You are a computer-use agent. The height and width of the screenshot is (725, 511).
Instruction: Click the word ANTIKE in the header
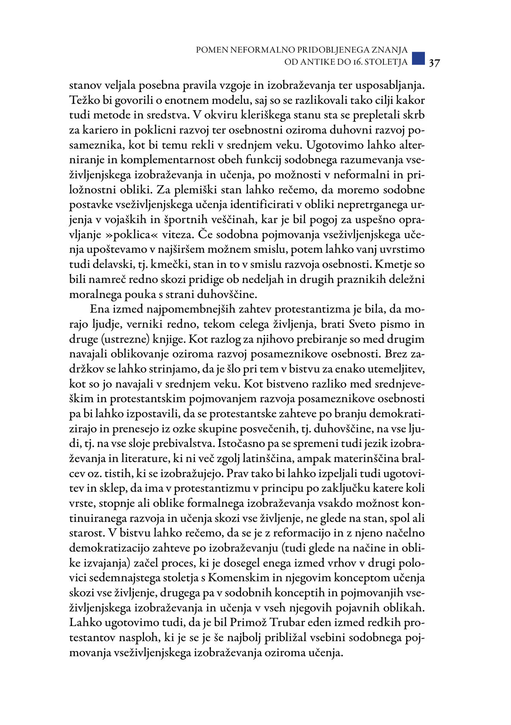(x=316, y=62)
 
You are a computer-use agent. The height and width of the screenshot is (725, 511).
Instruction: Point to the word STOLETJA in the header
(x=387, y=62)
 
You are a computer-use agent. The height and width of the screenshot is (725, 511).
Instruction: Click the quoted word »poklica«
(x=143, y=235)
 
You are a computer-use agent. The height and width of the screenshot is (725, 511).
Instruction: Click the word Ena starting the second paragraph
(x=100, y=309)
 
